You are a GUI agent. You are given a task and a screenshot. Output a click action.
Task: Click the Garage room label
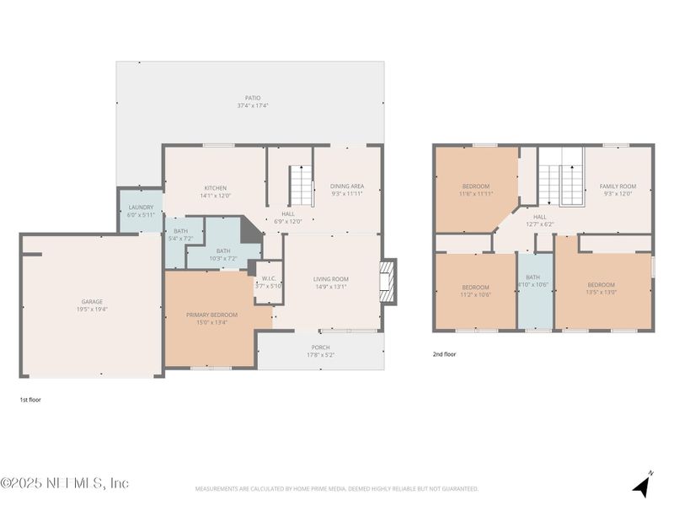pos(92,301)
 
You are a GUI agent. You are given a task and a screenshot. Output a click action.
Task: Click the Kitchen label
pos(216,188)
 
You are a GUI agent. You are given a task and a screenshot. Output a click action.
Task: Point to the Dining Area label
pos(347,186)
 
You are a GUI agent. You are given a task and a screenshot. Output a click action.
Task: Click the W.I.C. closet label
pos(269,278)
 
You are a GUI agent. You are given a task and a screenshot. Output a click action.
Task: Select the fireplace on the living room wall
pos(388,281)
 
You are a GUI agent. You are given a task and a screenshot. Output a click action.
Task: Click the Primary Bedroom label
pos(211,315)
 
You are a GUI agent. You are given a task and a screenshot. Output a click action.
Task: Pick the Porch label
pos(321,347)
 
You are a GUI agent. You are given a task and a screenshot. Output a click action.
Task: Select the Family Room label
pos(618,186)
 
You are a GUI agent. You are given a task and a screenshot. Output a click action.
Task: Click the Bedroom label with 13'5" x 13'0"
pos(602,284)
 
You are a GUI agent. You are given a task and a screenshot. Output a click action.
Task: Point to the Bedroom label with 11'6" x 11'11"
pos(476,186)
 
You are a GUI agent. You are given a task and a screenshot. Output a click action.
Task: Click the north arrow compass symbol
pos(643,486)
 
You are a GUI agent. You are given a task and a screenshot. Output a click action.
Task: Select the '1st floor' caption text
pos(29,400)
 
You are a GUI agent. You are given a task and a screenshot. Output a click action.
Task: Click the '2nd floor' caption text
pos(444,354)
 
